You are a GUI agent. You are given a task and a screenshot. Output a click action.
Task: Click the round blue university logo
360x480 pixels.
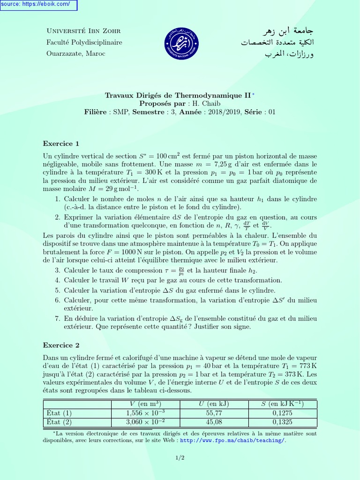[180, 42]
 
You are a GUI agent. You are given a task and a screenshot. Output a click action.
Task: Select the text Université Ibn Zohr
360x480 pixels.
[83, 31]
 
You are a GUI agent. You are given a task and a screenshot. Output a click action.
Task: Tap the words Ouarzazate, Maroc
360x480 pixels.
[75, 53]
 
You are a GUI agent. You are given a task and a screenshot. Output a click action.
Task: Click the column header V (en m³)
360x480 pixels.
[145, 404]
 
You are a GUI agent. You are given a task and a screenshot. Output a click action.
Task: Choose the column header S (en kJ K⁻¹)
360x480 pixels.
[282, 404]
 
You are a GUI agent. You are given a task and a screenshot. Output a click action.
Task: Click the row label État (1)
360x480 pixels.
[60, 413]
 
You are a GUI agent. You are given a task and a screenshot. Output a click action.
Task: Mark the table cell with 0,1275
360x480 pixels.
[282, 413]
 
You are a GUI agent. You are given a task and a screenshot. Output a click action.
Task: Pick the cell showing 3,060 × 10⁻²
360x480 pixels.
[145, 421]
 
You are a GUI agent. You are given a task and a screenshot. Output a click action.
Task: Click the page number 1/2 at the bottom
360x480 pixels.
[180, 458]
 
